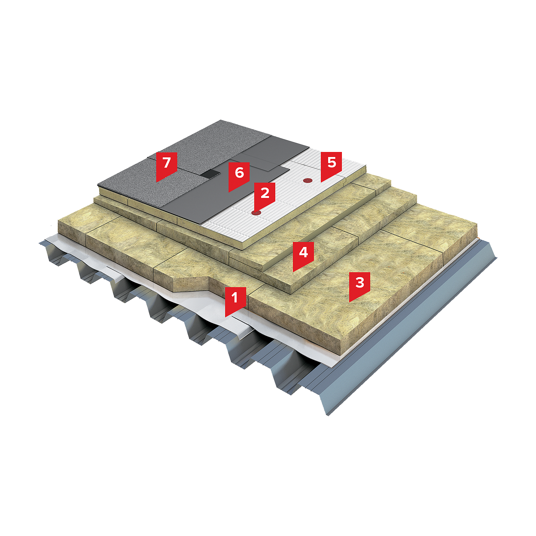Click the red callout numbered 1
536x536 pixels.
(235, 301)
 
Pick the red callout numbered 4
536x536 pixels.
(303, 255)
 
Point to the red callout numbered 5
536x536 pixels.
(331, 165)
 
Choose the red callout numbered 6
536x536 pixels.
(239, 176)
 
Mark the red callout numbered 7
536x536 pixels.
(167, 165)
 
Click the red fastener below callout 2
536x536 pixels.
(256, 213)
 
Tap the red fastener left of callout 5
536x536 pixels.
(307, 181)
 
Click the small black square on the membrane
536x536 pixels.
(210, 174)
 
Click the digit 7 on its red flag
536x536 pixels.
(167, 162)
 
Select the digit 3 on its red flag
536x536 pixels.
(360, 282)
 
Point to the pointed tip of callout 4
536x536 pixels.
(293, 272)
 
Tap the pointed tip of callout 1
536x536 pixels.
(225, 317)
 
